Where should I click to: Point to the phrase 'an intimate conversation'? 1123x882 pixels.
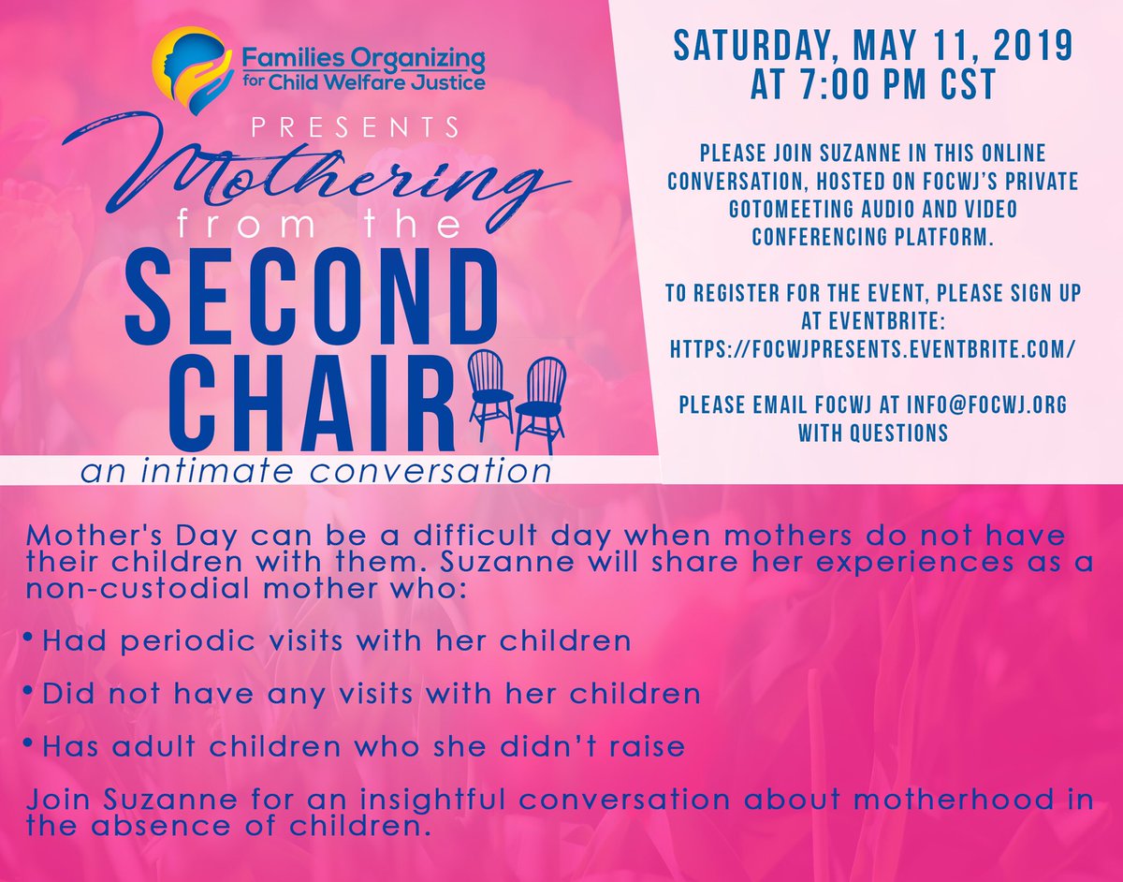click(x=315, y=472)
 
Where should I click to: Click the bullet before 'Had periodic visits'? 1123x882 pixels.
click(x=30, y=637)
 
